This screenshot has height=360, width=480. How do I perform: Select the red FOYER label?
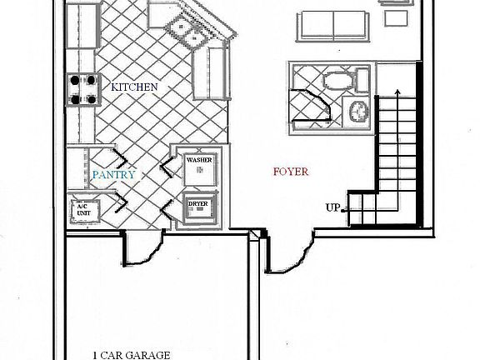[x=291, y=172]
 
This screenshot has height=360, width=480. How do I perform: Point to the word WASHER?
[x=199, y=159]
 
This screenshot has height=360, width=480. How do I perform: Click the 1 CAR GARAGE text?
[x=131, y=354]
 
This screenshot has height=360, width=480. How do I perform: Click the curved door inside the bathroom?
[x=313, y=105]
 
